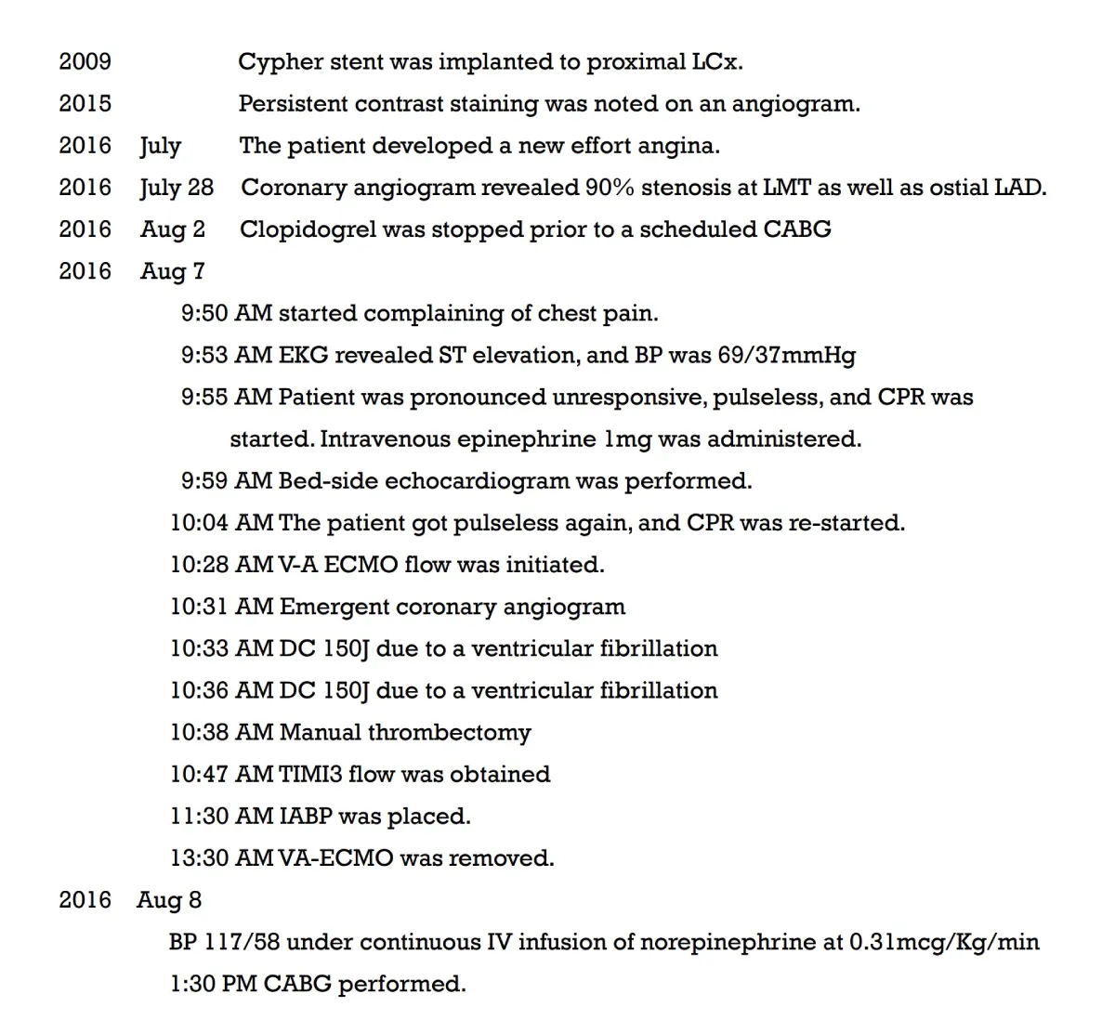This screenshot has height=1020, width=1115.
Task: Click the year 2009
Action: point(85,61)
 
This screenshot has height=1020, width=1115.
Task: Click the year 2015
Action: point(85,103)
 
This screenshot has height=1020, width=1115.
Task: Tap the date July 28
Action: point(177,188)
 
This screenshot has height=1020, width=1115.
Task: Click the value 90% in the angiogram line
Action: point(610,188)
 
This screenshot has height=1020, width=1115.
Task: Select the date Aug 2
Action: point(173,229)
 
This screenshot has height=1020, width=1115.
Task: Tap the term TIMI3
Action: point(310,774)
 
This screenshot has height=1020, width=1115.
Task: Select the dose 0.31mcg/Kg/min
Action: point(944,942)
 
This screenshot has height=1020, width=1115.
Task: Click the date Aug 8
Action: point(169,900)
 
